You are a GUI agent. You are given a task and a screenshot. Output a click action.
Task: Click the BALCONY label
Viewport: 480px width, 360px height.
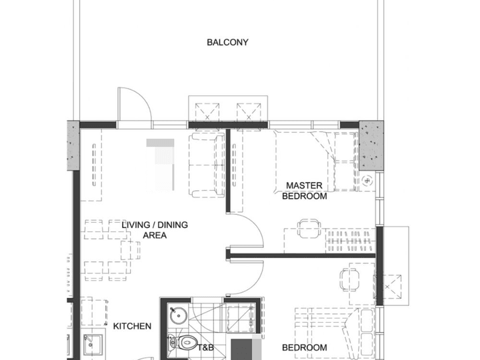[x=227, y=42]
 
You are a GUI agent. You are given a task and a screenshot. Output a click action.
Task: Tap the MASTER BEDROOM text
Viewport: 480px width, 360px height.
[x=304, y=191]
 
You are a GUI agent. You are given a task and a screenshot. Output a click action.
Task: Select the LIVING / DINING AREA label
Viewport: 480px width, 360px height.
[x=155, y=230]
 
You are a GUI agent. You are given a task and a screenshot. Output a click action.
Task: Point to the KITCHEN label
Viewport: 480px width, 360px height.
[x=132, y=326]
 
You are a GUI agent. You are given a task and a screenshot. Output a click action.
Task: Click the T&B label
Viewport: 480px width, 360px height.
[x=205, y=348]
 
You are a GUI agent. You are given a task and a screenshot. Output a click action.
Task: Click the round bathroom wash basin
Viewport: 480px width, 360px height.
[x=179, y=316]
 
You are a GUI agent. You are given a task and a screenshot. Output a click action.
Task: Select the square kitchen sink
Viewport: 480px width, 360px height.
[x=93, y=345]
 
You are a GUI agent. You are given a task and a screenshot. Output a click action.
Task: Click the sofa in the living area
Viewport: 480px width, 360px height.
[x=206, y=165]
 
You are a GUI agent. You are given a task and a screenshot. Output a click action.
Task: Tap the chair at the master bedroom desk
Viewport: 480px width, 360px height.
[x=309, y=228]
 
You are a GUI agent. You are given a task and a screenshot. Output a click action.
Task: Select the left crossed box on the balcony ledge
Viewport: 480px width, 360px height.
[x=207, y=112]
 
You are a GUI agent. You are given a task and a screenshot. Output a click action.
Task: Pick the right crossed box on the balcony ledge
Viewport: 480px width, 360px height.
[x=249, y=112]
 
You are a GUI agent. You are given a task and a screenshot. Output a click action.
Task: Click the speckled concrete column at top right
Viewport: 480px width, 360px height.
[x=371, y=145]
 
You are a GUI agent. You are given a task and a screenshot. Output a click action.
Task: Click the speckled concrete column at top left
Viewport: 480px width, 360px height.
[x=73, y=145]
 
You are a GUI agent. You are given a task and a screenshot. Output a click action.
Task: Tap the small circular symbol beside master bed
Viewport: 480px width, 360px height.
[x=367, y=181]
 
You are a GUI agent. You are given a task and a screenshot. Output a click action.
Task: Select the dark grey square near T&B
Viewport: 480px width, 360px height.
[x=242, y=349]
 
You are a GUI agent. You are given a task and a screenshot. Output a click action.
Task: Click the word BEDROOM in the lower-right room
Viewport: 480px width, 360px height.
[x=304, y=348]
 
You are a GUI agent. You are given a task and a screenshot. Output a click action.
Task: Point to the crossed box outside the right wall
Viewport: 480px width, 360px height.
[x=387, y=287]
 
